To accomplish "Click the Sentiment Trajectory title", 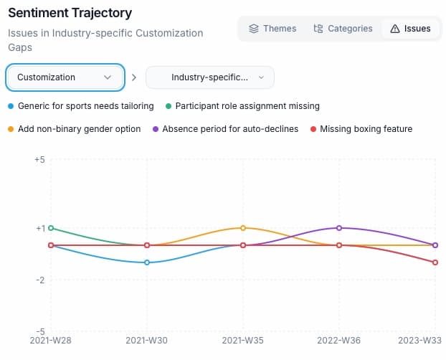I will tap(70, 13).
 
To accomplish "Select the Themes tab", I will tap(272, 29).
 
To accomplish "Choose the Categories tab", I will tap(343, 29).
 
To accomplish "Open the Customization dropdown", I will tap(65, 77).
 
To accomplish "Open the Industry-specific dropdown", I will tap(209, 77).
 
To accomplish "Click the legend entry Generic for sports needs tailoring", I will tap(85, 106).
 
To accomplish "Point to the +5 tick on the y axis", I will tap(39, 160).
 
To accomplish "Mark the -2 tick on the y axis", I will tap(40, 280).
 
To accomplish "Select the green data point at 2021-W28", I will tap(51, 228).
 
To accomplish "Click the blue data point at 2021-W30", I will tap(147, 262).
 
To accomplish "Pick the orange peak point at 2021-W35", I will tap(243, 228).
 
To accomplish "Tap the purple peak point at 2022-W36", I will tap(339, 228).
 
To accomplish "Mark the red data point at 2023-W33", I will tap(435, 262).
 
